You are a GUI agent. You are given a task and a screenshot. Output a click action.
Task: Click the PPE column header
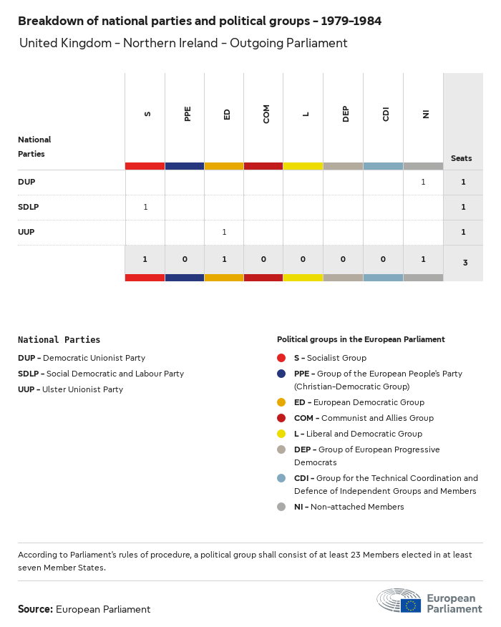point(188,114)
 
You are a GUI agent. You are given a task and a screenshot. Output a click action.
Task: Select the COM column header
point(266,114)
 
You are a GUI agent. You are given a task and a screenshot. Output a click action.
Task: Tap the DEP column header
point(346,114)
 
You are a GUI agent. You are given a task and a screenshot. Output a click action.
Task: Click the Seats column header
point(462,158)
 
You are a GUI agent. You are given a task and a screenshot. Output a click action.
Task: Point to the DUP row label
point(26,182)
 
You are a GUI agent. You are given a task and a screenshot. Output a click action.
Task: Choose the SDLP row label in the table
point(29,207)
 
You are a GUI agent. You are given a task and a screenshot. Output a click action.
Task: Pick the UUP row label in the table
point(26,232)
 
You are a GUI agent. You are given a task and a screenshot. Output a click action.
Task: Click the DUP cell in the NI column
point(423,182)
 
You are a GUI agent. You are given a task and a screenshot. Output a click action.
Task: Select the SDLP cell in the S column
point(145,207)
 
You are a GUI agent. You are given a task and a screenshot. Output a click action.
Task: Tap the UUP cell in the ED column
point(224,232)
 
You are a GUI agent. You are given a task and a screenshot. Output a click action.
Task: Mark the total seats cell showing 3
point(464,263)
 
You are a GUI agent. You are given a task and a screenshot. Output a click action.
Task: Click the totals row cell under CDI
point(383,258)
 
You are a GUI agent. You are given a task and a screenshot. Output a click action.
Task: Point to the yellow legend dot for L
point(281,434)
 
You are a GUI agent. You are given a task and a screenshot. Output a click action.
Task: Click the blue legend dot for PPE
point(281,374)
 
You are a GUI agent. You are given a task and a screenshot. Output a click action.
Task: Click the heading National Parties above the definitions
point(59,340)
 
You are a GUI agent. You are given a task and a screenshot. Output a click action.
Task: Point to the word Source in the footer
point(35,609)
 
